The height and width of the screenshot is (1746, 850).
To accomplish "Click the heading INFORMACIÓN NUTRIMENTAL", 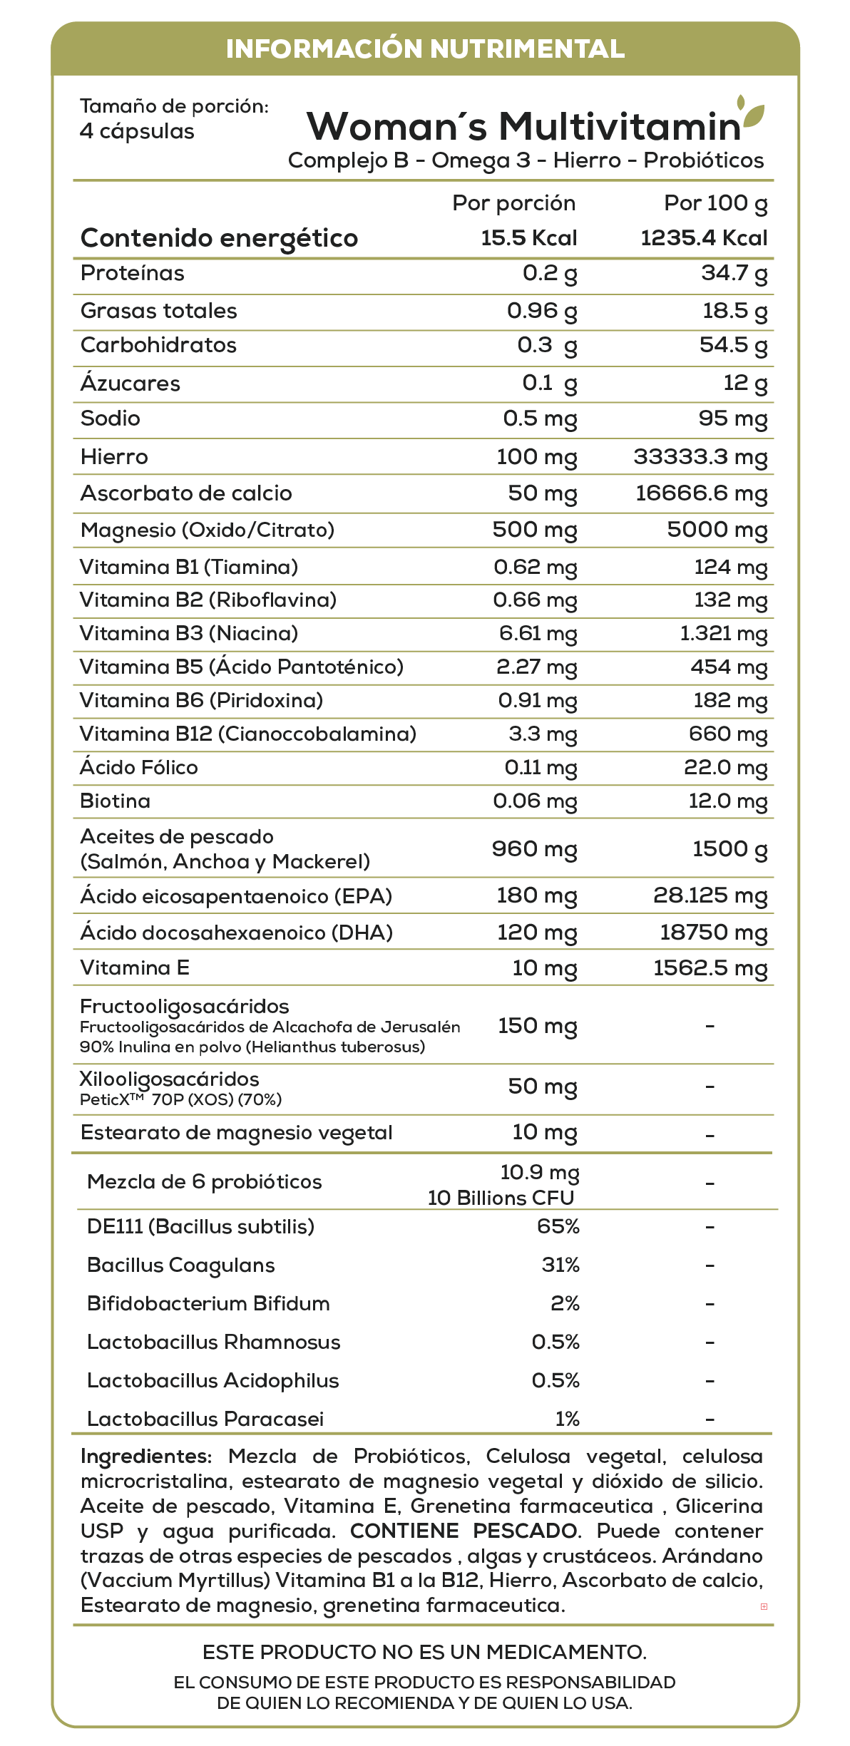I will pyautogui.click(x=425, y=48).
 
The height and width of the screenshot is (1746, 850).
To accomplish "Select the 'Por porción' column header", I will pyautogui.click(x=513, y=203).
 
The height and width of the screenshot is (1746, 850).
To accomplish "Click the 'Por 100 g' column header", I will pyautogui.click(x=715, y=203).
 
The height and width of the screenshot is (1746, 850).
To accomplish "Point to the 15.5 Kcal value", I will pyautogui.click(x=528, y=238).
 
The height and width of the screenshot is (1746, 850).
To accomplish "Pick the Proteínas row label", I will pyautogui.click(x=133, y=273).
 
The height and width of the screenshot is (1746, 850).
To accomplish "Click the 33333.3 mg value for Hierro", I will pyautogui.click(x=700, y=457).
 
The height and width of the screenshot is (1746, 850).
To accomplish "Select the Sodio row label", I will pyautogui.click(x=111, y=418).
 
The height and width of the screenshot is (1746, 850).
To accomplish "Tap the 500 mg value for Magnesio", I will pyautogui.click(x=535, y=530).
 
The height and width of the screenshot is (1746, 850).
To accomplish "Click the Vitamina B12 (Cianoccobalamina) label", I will pyautogui.click(x=248, y=734).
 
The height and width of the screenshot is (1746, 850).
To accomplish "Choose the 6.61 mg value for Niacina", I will pyautogui.click(x=538, y=633).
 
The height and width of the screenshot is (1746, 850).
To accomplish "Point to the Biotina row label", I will pyautogui.click(x=116, y=801).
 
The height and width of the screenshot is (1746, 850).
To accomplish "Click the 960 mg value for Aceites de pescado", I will pyautogui.click(x=535, y=848).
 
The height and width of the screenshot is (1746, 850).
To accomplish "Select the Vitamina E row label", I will pyautogui.click(x=135, y=967).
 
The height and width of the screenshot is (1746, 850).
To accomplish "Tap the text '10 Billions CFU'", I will pyautogui.click(x=501, y=1198).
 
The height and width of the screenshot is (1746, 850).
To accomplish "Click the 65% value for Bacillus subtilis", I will pyautogui.click(x=558, y=1226).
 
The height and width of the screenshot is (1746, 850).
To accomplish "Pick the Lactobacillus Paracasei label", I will pyautogui.click(x=205, y=1419).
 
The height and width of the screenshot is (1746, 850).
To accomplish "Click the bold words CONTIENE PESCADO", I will pyautogui.click(x=464, y=1531).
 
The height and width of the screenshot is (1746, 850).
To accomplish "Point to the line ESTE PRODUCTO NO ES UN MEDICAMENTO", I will pyautogui.click(x=425, y=1652).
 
